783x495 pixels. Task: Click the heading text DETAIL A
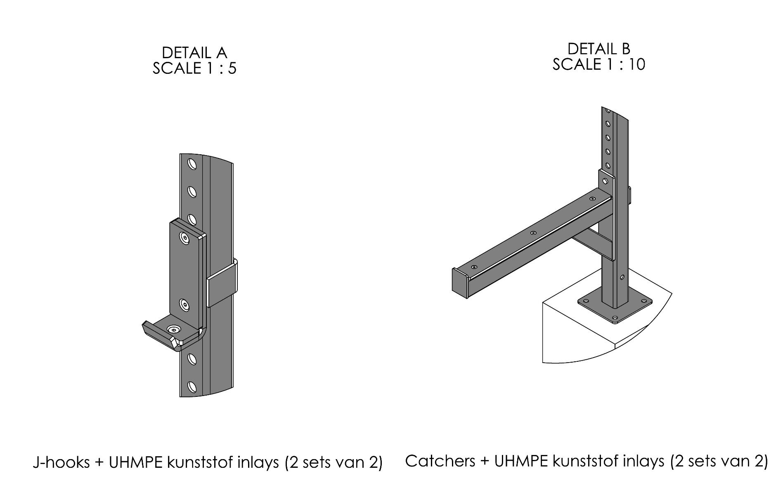point(194,53)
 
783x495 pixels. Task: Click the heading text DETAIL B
point(598,49)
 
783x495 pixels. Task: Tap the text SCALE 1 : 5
point(194,68)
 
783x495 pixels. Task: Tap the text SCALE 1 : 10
point(598,65)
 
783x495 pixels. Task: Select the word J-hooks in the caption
point(61,462)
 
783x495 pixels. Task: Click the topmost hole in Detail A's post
point(192,164)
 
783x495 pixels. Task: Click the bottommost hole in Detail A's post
point(192,387)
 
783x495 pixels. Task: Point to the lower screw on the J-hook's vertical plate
point(184,305)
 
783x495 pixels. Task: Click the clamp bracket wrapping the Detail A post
point(222,285)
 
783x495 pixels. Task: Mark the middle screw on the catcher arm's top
point(533,233)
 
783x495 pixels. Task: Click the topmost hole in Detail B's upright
point(607,111)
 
